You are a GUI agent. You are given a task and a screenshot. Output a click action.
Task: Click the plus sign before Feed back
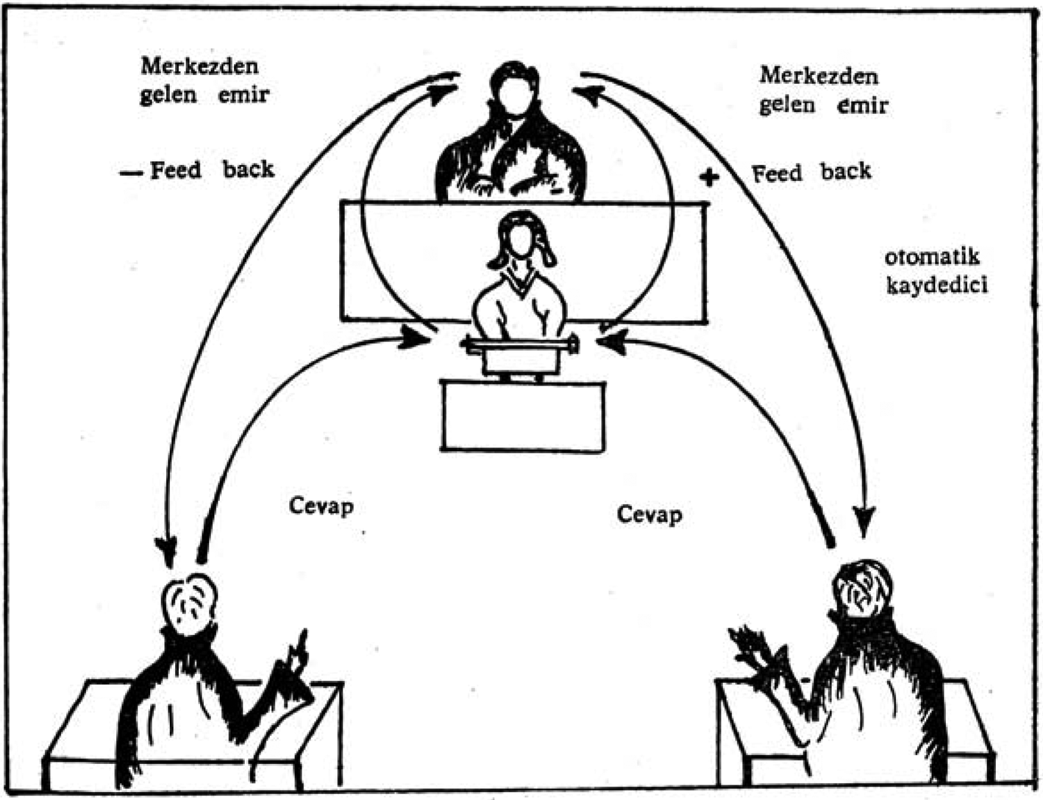(x=708, y=177)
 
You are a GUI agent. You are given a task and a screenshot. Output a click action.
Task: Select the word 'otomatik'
(x=932, y=258)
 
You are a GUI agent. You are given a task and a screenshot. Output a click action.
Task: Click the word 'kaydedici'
(x=936, y=285)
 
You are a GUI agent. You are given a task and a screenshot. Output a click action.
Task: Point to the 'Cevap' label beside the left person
(x=321, y=506)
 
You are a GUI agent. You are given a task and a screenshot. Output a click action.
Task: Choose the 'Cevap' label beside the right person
(x=649, y=514)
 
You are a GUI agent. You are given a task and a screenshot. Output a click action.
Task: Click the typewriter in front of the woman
(x=521, y=353)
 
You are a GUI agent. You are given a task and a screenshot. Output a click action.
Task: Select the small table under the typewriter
(x=522, y=415)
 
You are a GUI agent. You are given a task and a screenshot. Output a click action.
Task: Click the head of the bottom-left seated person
(x=190, y=603)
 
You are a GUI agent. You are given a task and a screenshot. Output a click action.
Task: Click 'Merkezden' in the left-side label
(x=199, y=66)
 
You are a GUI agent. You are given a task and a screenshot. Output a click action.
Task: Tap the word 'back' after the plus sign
(x=846, y=171)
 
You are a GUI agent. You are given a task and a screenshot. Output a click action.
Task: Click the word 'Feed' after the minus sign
(x=176, y=171)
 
